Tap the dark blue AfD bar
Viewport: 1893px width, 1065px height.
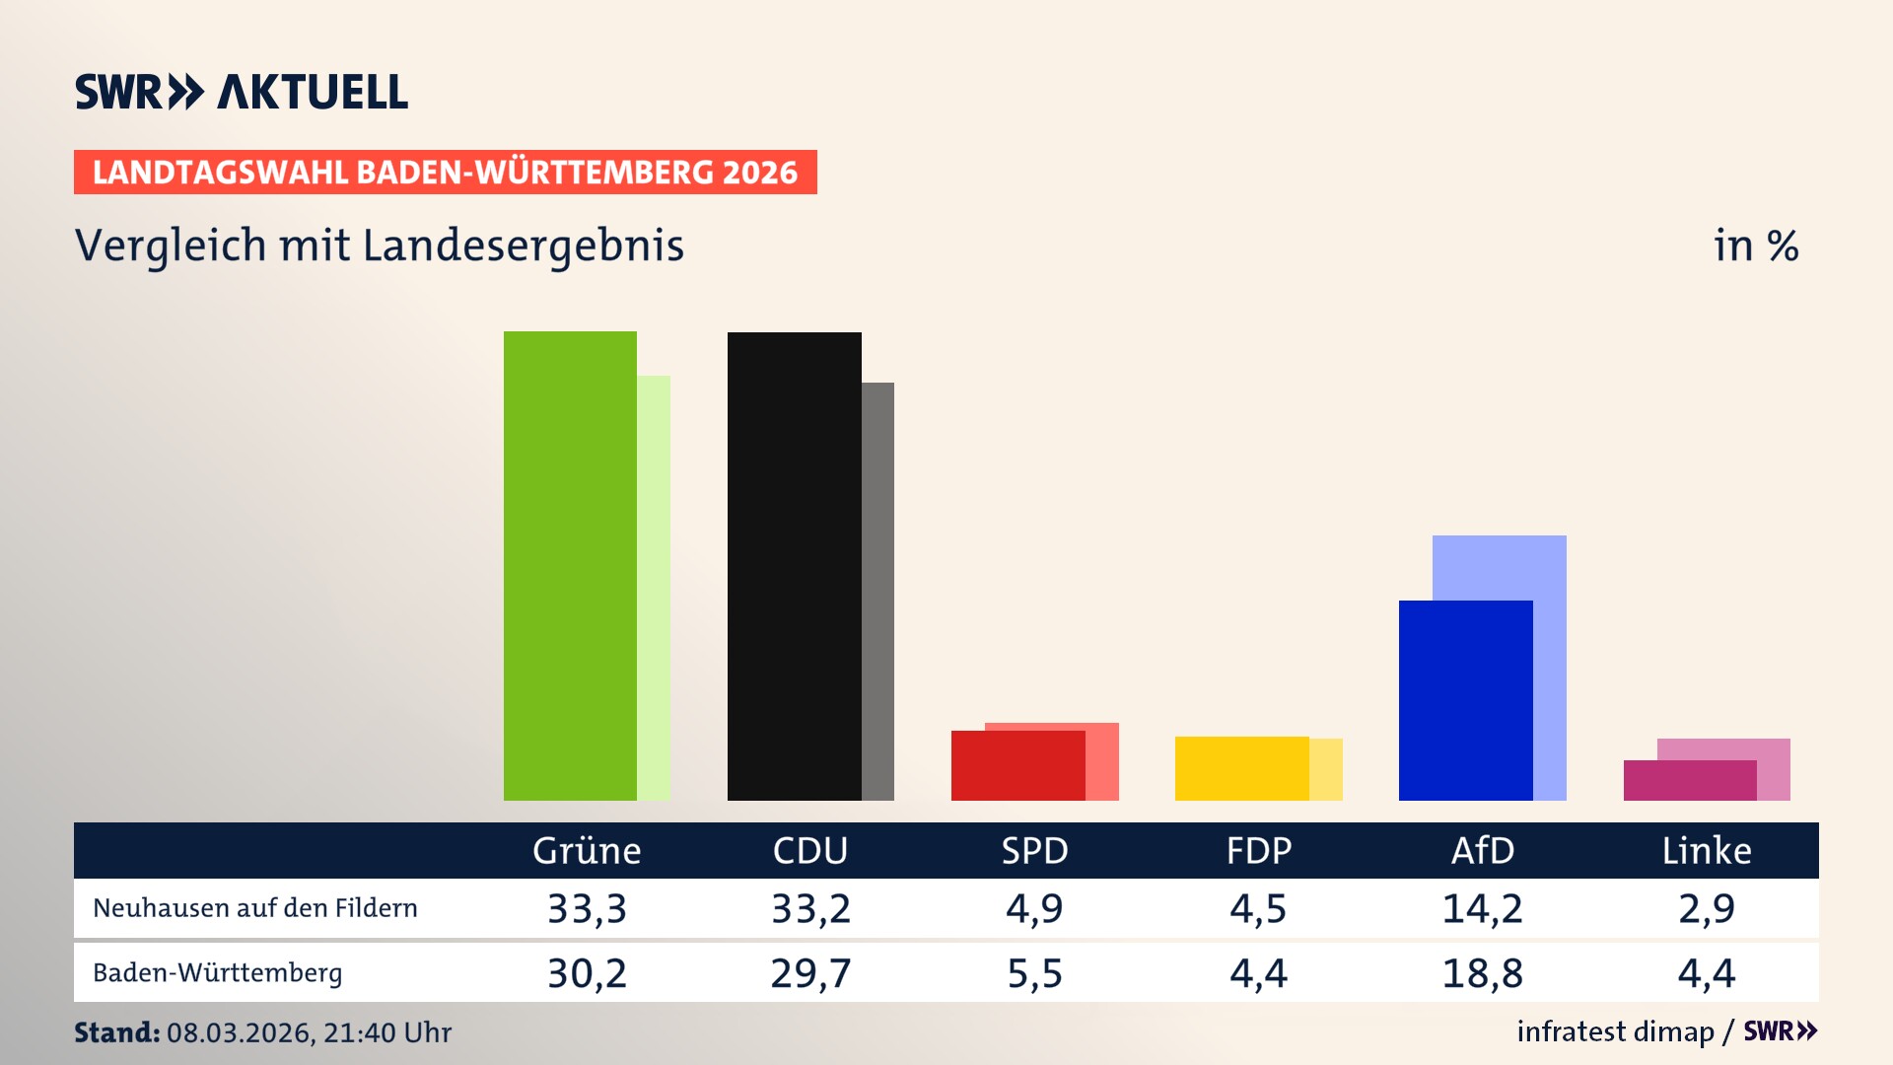tap(1465, 700)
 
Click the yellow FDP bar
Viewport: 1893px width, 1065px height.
tap(1241, 768)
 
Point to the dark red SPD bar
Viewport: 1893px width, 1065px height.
tap(1017, 765)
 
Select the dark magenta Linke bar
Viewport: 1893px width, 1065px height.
tap(1689, 780)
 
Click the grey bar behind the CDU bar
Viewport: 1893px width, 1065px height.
tap(877, 592)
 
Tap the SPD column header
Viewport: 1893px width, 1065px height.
tap(1034, 850)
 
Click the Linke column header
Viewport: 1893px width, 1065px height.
tap(1706, 850)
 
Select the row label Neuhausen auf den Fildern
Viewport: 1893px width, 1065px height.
tap(254, 907)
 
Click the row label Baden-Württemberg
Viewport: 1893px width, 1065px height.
tap(217, 972)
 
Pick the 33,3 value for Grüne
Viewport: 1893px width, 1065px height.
tap(587, 907)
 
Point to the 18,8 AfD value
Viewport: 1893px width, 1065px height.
tap(1482, 973)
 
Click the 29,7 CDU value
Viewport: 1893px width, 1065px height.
tap(810, 973)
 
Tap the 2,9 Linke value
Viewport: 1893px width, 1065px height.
tap(1706, 907)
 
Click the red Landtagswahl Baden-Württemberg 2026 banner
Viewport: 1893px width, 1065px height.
tap(445, 172)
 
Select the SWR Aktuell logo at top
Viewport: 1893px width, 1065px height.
tap(242, 92)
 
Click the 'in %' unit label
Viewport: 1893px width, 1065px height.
tap(1755, 246)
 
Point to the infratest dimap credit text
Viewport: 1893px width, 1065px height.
tap(1615, 1031)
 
